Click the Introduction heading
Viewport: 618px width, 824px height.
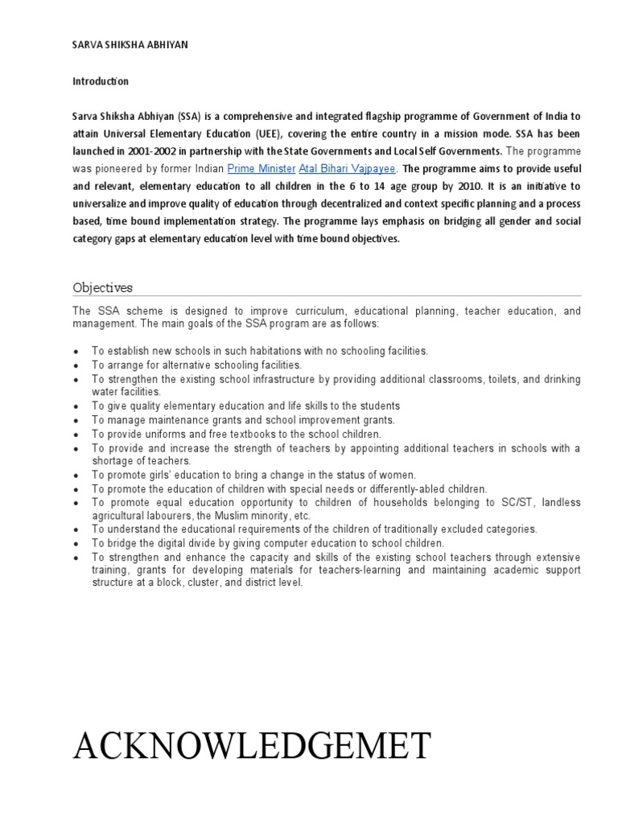pyautogui.click(x=101, y=82)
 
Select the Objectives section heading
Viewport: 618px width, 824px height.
pyautogui.click(x=103, y=287)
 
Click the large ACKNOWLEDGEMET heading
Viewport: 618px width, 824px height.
pyautogui.click(x=252, y=746)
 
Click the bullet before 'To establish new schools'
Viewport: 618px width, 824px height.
pyautogui.click(x=76, y=352)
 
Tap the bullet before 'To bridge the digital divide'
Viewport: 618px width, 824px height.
pyautogui.click(x=76, y=544)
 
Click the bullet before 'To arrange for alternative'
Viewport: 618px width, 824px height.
pyautogui.click(x=76, y=365)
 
